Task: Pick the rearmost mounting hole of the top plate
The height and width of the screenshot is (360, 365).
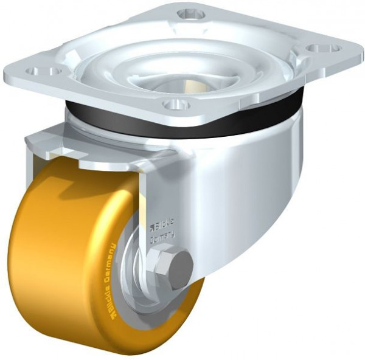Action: click(x=190, y=13)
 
